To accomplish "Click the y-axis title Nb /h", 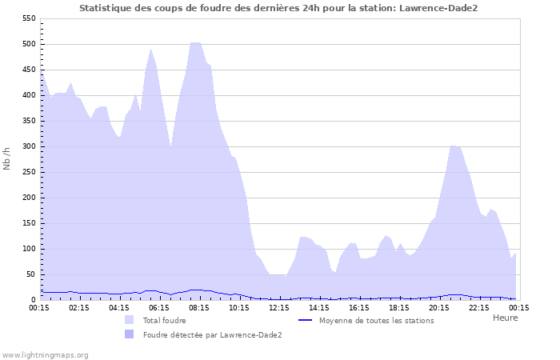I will pyautogui.click(x=7, y=158).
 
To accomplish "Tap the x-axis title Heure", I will pyautogui.click(x=505, y=318).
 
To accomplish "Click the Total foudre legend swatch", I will pyautogui.click(x=130, y=320).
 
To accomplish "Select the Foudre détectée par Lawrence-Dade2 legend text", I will pyautogui.click(x=212, y=335).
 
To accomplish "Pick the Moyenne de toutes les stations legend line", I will pyautogui.click(x=305, y=320).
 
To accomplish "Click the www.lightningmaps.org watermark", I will pyautogui.click(x=45, y=354).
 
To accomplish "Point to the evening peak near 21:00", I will pyautogui.click(x=454, y=146).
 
